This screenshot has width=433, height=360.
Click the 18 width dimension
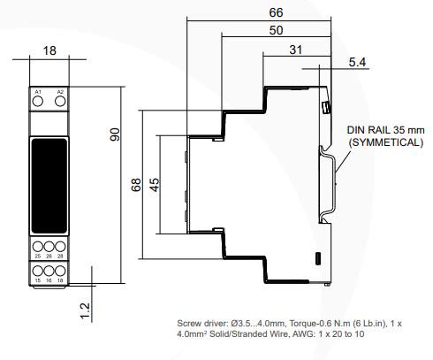pos(49,52)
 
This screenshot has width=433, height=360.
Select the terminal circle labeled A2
pos(60,103)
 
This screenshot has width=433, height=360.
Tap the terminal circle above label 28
pos(60,246)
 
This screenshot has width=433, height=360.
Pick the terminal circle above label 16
pos(49,269)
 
